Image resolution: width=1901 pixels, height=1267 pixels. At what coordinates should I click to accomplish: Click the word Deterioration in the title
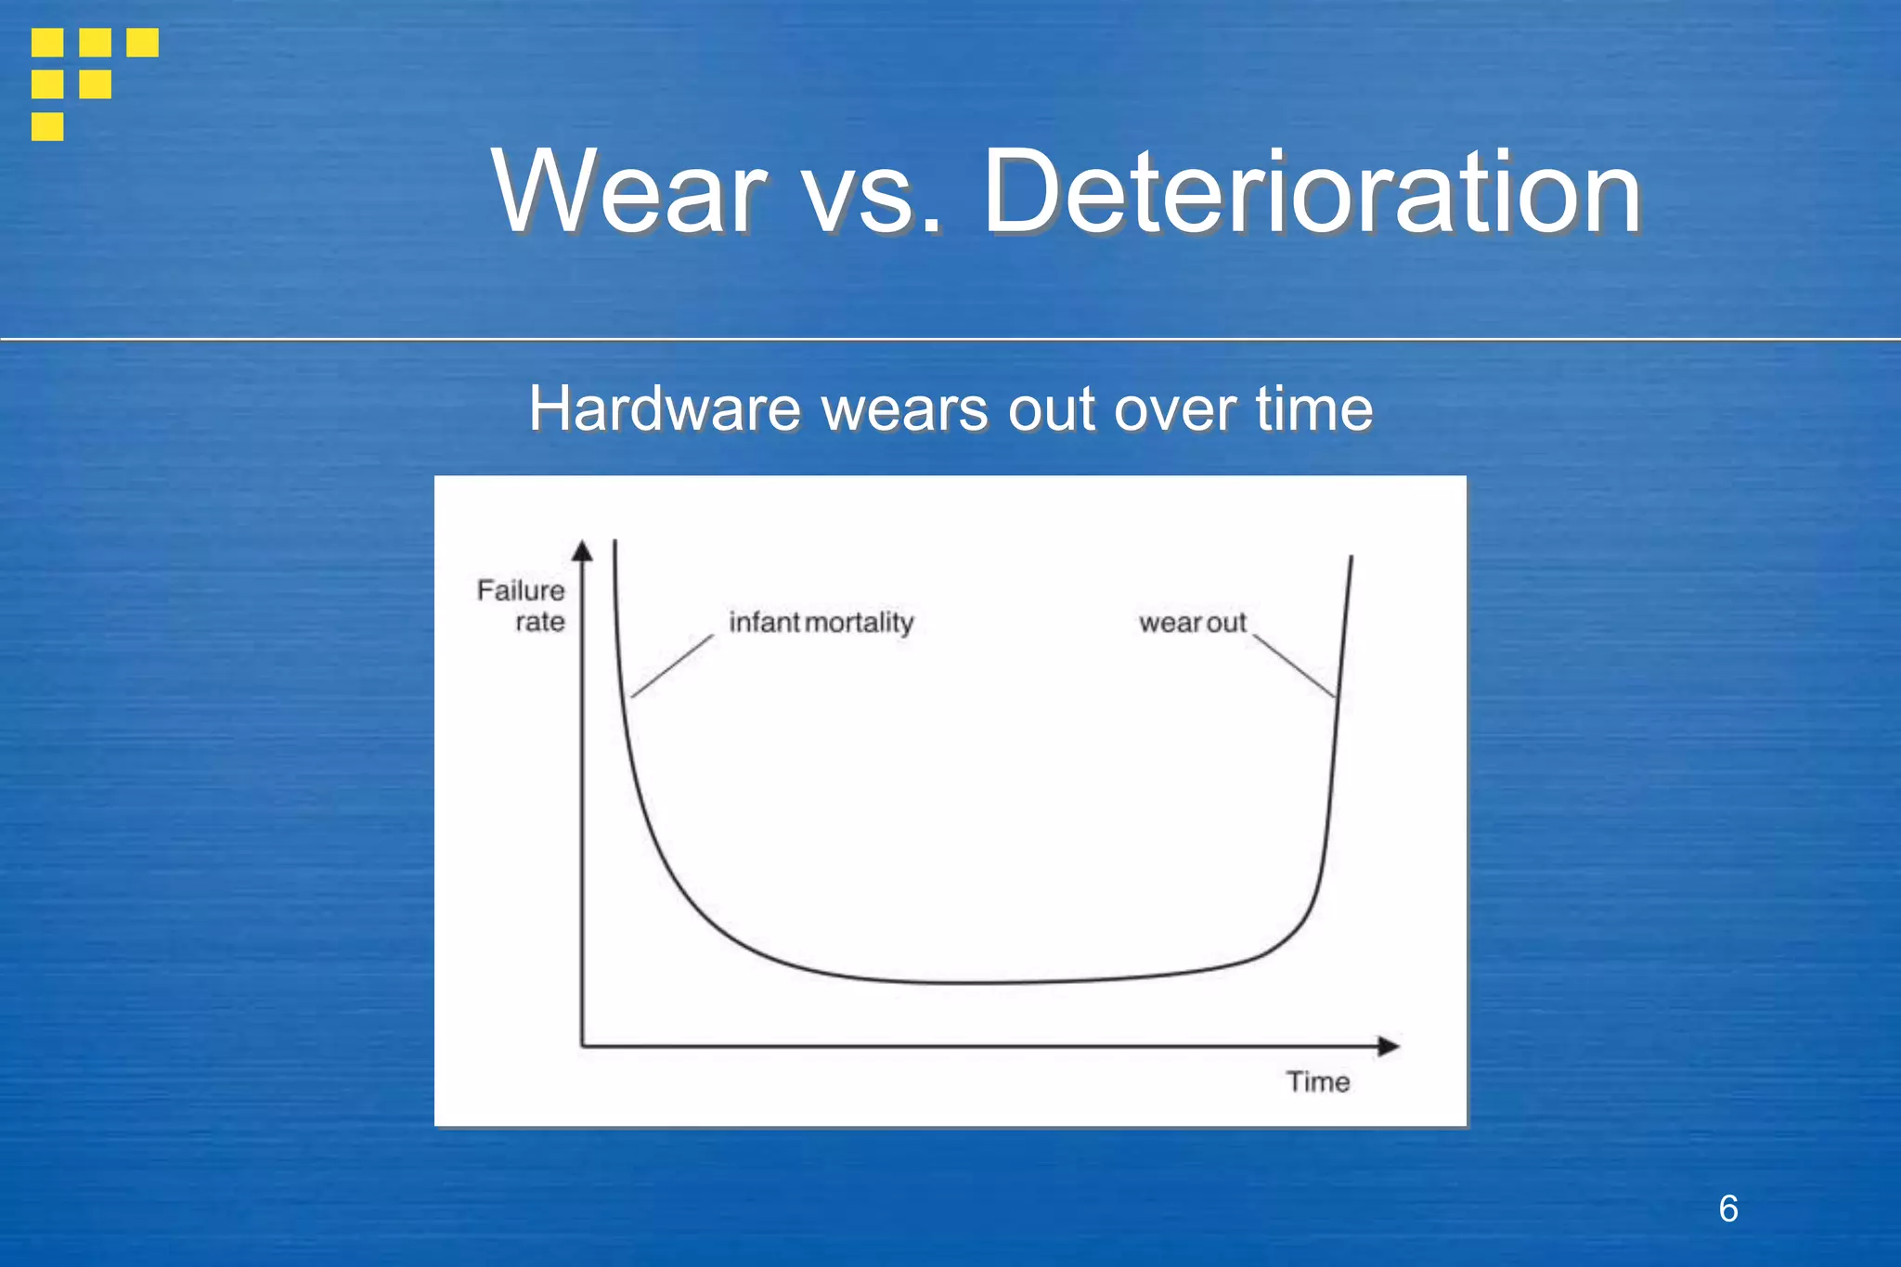tap(1312, 193)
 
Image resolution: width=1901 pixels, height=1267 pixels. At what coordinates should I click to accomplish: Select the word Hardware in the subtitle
tap(665, 408)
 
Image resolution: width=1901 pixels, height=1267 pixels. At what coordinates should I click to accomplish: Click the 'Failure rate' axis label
tap(523, 606)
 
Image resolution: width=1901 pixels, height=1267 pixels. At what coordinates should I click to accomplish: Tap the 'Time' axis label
tap(1317, 1082)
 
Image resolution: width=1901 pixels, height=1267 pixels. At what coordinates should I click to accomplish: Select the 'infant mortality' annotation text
tap(821, 622)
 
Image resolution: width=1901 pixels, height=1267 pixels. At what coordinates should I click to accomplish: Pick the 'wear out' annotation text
tap(1192, 623)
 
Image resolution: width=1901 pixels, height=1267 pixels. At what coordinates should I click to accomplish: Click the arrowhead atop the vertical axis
tap(582, 551)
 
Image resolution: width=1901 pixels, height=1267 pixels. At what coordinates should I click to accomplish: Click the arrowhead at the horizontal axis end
tap(1389, 1047)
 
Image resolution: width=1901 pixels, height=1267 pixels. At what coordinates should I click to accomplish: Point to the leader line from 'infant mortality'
tap(672, 666)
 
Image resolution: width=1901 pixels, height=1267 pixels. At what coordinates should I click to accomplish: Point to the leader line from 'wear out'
tap(1295, 666)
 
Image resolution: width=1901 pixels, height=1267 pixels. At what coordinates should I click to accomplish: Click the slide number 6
tap(1727, 1209)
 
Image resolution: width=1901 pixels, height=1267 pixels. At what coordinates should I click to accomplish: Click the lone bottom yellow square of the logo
tap(47, 126)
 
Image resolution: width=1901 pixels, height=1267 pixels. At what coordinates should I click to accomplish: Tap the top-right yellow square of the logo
tap(142, 43)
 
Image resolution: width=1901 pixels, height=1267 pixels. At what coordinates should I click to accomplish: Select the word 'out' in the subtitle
tap(1051, 410)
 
